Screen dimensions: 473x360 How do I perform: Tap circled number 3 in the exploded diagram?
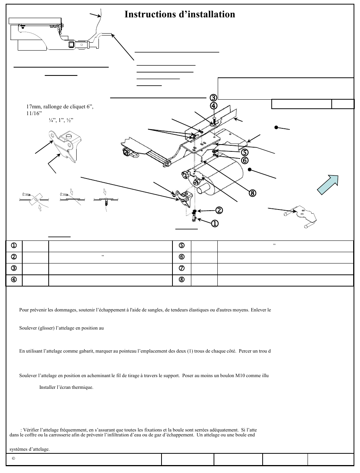(214, 97)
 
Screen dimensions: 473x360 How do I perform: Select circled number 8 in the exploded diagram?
(252, 193)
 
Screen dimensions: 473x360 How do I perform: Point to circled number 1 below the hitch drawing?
(214, 223)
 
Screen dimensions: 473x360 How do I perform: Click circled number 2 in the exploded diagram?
(219, 210)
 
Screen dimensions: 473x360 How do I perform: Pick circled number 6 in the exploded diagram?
(245, 160)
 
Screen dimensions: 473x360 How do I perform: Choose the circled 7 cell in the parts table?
(182, 268)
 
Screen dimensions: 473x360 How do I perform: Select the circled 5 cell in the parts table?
(182, 245)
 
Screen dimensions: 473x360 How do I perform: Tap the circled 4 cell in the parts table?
(14, 280)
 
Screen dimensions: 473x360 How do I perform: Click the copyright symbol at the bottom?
(13, 459)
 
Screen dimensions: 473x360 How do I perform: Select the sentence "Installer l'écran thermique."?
(66, 387)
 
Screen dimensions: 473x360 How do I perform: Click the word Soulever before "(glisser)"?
(28, 328)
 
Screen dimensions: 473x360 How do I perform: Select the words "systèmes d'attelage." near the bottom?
(29, 449)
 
